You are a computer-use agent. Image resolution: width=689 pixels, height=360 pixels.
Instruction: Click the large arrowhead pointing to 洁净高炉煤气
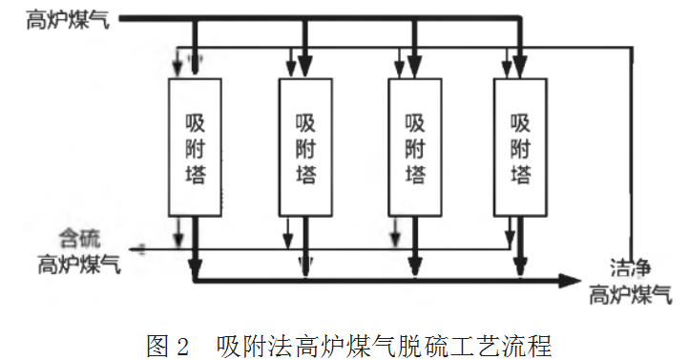(569, 280)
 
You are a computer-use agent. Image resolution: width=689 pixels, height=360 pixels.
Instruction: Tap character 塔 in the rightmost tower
(520, 175)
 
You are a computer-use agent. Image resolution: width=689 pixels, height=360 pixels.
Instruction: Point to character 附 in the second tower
(305, 149)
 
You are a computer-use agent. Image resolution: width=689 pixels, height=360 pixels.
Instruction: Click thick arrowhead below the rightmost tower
(520, 262)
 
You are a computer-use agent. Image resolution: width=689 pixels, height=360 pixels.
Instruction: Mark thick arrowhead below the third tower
(414, 262)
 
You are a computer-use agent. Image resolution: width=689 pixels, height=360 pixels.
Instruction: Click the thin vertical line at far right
(631, 143)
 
